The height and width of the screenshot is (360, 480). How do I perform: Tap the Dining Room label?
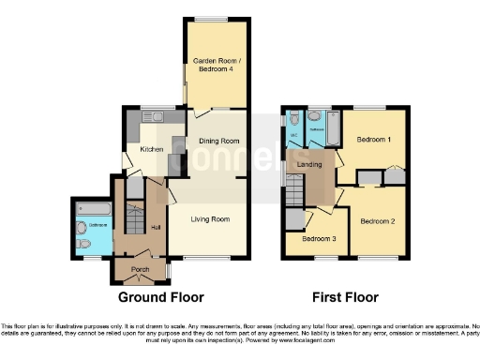(216, 142)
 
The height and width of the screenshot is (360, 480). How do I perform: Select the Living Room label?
(210, 219)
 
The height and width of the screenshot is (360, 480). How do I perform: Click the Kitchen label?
(152, 150)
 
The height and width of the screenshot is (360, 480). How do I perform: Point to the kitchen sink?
(155, 117)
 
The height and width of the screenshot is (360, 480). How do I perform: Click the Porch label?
(140, 270)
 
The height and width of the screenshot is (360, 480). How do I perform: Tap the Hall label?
(157, 226)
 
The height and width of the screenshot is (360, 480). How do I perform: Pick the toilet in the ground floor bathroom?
(83, 244)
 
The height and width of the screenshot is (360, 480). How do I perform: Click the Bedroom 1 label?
(374, 140)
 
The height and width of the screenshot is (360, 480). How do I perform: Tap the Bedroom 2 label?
(379, 221)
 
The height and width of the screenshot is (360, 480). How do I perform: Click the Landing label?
(309, 165)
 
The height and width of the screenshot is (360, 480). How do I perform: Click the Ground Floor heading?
(160, 297)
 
